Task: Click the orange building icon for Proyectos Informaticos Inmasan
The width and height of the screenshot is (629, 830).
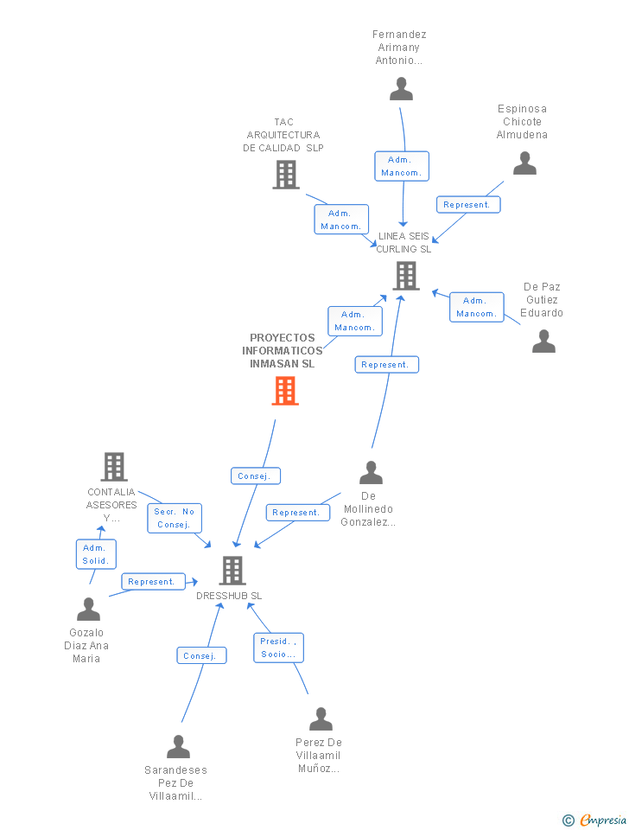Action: (285, 391)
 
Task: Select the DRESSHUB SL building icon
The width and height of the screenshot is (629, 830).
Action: (232, 571)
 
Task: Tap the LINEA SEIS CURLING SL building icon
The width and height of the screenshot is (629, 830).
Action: (405, 276)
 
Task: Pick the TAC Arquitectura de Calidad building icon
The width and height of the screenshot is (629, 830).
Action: (285, 175)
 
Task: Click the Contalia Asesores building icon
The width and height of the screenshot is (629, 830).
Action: (114, 467)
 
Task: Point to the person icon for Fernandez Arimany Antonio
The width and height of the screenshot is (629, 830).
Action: (401, 89)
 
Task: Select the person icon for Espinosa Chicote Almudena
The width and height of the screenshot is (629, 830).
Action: (524, 163)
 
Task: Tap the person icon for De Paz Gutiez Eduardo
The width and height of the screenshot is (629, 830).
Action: (543, 342)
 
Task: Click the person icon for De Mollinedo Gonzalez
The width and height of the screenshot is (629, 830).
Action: (371, 473)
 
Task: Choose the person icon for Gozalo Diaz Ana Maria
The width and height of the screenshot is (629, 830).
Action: (88, 610)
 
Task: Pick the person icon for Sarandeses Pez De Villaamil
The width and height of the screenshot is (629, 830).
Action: (178, 746)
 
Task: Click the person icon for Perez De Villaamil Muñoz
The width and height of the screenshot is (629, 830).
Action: (321, 719)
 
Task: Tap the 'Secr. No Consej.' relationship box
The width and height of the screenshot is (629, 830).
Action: (175, 518)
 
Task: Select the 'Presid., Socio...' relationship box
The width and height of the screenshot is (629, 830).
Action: (278, 648)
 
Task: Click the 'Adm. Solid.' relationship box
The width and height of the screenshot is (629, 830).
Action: (95, 554)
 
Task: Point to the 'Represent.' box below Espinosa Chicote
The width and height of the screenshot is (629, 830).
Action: (467, 205)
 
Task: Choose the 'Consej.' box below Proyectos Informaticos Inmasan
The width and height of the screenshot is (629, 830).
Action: (255, 476)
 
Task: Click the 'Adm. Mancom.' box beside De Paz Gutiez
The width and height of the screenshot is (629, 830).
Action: (476, 307)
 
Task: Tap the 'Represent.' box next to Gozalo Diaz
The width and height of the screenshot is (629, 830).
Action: (152, 582)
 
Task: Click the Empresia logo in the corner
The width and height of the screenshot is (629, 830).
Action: (595, 820)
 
